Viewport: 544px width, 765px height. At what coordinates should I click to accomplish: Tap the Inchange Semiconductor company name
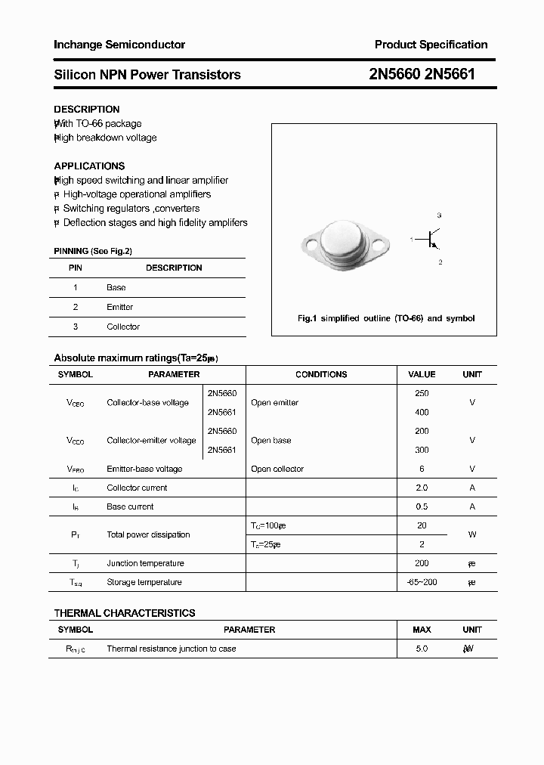click(119, 45)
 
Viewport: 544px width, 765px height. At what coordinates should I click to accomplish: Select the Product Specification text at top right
click(431, 45)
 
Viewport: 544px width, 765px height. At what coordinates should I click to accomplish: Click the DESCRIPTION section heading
click(87, 109)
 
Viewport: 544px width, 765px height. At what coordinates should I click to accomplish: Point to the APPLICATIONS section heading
click(89, 166)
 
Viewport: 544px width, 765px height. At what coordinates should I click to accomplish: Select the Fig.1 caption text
click(385, 318)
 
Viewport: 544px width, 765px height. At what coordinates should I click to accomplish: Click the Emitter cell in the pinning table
click(119, 307)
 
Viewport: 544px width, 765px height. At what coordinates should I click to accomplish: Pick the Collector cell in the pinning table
click(123, 327)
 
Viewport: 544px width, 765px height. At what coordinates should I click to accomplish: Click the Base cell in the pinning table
click(116, 287)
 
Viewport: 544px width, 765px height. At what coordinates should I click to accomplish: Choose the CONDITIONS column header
click(321, 374)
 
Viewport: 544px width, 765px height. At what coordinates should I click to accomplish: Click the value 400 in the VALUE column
click(422, 412)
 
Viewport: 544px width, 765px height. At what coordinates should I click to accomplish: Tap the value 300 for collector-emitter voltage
click(422, 450)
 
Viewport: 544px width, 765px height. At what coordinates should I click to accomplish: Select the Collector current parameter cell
click(137, 488)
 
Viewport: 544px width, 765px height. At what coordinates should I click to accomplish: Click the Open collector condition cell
click(277, 469)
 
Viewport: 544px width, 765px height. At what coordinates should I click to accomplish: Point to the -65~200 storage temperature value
click(422, 582)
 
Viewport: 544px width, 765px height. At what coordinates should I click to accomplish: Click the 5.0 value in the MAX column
click(422, 649)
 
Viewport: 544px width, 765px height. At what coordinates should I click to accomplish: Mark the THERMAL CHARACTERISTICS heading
click(125, 613)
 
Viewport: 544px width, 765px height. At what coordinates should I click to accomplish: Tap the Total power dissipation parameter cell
click(148, 534)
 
